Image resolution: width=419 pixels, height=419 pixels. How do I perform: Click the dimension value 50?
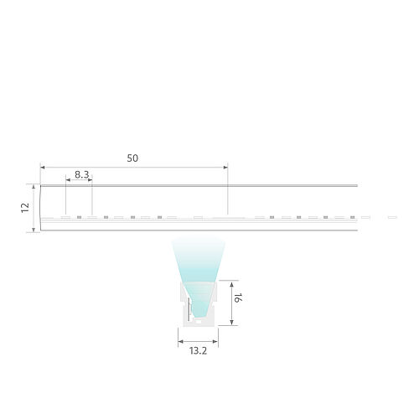point(132,157)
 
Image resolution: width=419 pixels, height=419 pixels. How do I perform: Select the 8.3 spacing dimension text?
point(82,174)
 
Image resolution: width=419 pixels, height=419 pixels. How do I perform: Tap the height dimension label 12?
point(25,207)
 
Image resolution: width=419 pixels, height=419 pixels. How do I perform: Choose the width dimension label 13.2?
point(198,352)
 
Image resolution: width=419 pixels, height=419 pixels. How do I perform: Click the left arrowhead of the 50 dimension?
point(43,166)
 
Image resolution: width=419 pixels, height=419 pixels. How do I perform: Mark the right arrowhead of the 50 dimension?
point(225,166)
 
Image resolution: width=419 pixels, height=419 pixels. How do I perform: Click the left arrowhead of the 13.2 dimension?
point(179,340)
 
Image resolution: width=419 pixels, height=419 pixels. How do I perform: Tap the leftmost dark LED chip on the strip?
point(79,217)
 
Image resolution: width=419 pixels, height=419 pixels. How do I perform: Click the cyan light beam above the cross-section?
point(198,260)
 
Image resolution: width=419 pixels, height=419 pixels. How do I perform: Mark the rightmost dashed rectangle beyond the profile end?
point(390,217)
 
